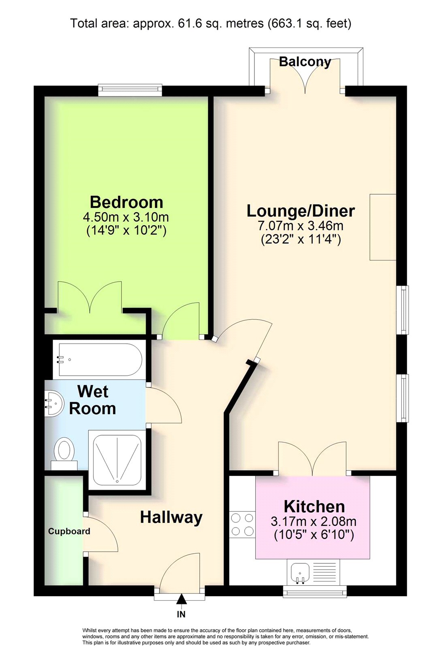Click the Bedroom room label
pyautogui.click(x=126, y=202)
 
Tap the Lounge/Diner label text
pyautogui.click(x=301, y=211)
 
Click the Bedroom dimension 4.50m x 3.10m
pyautogui.click(x=126, y=217)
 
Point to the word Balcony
pyautogui.click(x=305, y=62)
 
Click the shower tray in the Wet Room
pyautogui.click(x=117, y=460)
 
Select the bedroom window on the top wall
pyautogui.click(x=130, y=90)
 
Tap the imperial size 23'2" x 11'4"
pyautogui.click(x=301, y=240)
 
